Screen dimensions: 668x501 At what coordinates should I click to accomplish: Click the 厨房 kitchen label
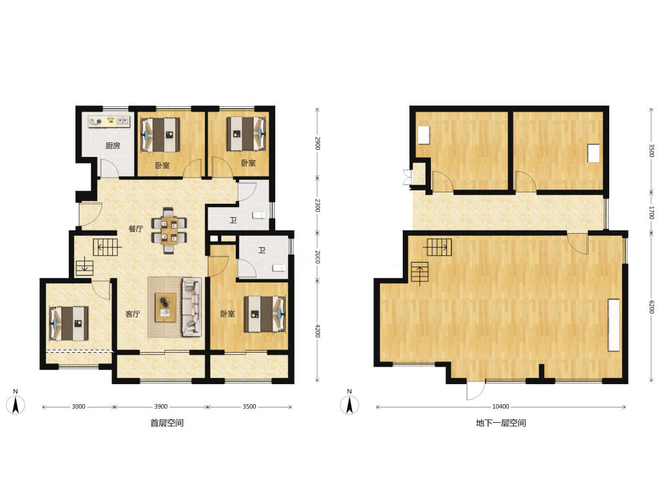(112, 146)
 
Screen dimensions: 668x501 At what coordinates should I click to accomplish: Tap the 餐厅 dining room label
(136, 228)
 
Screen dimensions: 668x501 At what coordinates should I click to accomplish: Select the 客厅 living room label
(132, 314)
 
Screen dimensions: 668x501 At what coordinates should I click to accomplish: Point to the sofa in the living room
(192, 307)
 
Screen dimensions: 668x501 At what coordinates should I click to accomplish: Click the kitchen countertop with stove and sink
(109, 122)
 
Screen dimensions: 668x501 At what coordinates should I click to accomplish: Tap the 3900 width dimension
(160, 406)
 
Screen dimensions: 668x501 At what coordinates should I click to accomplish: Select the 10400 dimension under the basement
(500, 406)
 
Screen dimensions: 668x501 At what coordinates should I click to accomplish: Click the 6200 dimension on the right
(651, 307)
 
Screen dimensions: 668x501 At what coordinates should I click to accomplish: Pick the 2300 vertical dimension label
(317, 205)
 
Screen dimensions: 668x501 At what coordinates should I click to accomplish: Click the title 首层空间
(167, 423)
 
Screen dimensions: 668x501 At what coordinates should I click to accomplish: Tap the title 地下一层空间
(500, 423)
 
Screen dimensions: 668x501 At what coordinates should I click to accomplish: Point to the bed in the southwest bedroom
(69, 323)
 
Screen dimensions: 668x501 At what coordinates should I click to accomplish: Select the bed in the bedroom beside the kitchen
(160, 134)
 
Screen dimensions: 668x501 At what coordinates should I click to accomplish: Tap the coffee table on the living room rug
(165, 307)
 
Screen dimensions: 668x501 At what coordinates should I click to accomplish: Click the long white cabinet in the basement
(614, 325)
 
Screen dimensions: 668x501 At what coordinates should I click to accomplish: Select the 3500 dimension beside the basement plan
(651, 150)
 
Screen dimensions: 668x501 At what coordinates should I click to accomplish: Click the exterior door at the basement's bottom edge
(476, 390)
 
